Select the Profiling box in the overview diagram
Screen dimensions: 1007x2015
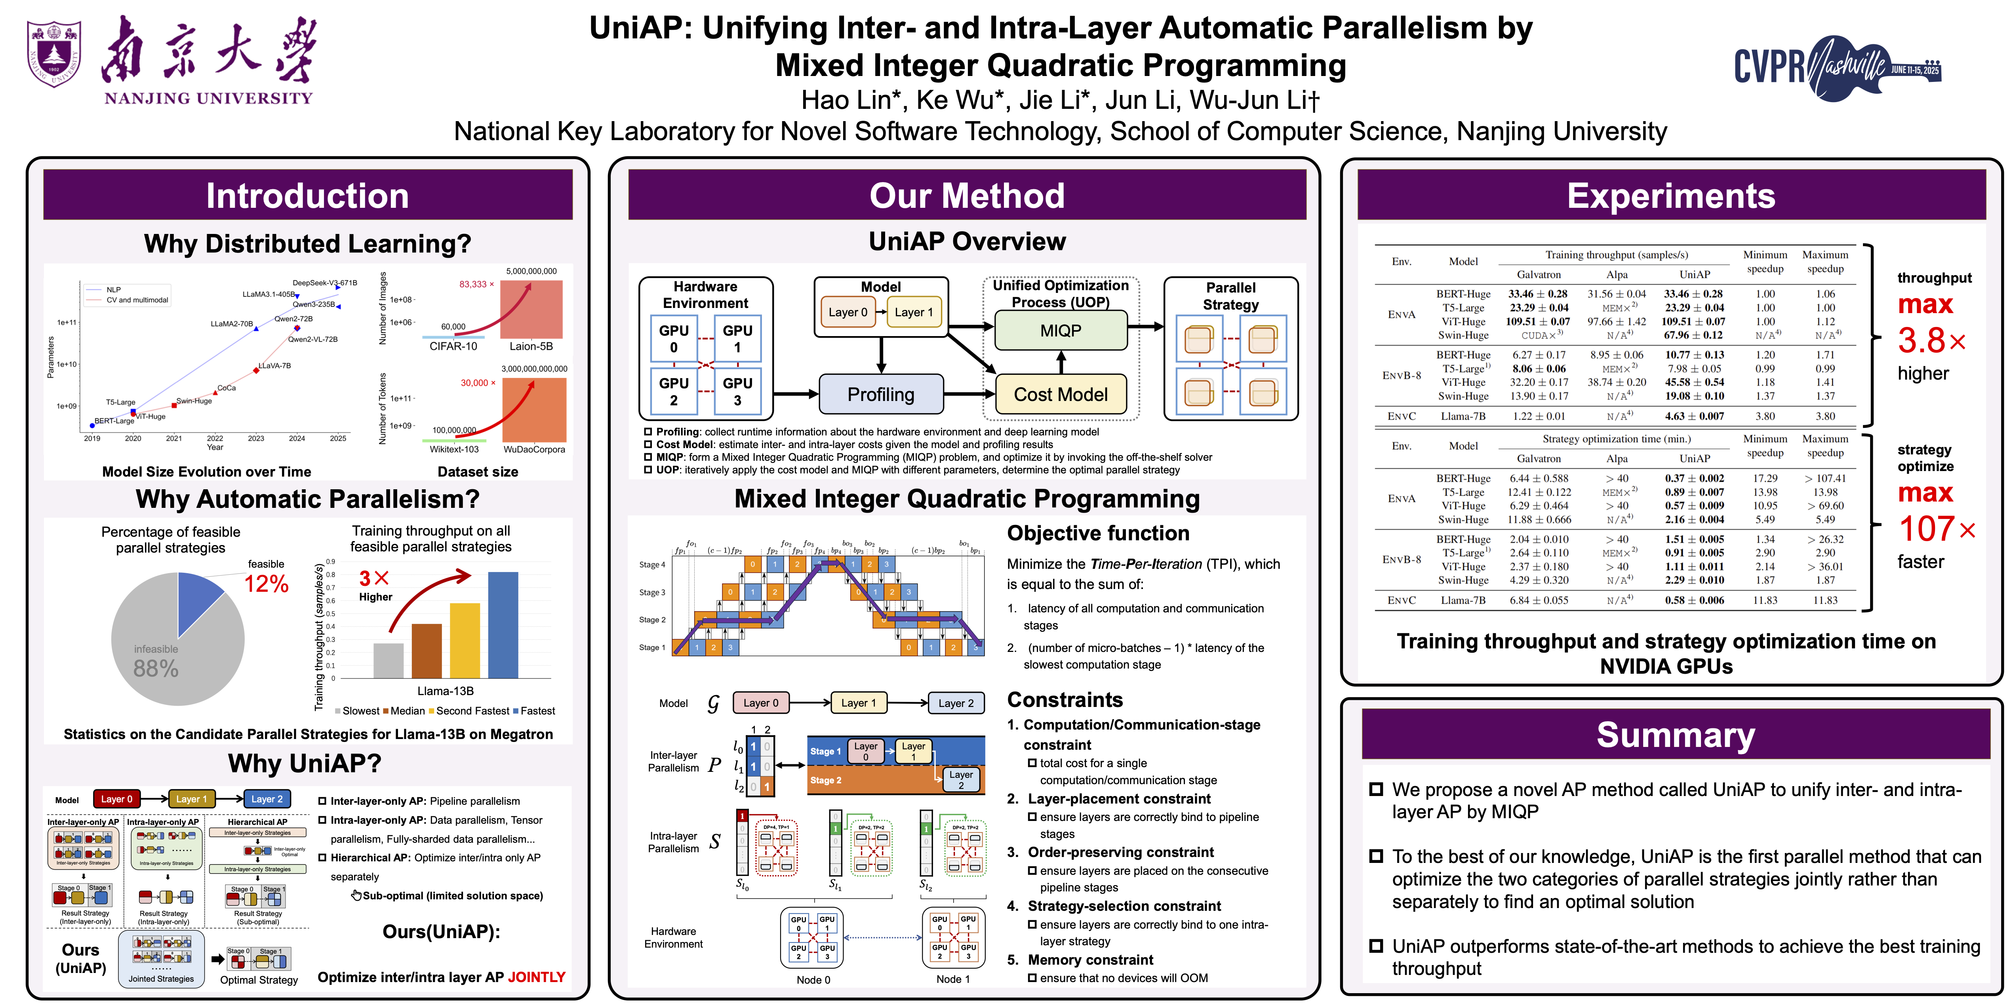click(881, 394)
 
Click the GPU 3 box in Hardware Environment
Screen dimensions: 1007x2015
click(737, 391)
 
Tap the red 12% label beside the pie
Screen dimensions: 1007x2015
click(266, 584)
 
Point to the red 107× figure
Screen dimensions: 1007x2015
click(1937, 529)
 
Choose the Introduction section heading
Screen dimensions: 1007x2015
click(307, 196)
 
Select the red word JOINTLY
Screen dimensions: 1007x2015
click(537, 977)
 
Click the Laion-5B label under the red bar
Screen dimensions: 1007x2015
click(531, 346)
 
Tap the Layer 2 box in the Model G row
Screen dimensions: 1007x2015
click(956, 703)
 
